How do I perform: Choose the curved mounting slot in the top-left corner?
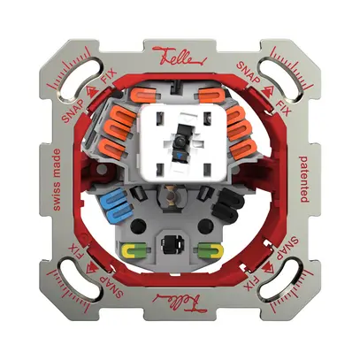[x=73, y=73]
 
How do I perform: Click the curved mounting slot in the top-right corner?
[x=287, y=73]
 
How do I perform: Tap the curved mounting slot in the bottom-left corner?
[x=73, y=286]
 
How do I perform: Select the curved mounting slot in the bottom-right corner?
[x=287, y=286]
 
